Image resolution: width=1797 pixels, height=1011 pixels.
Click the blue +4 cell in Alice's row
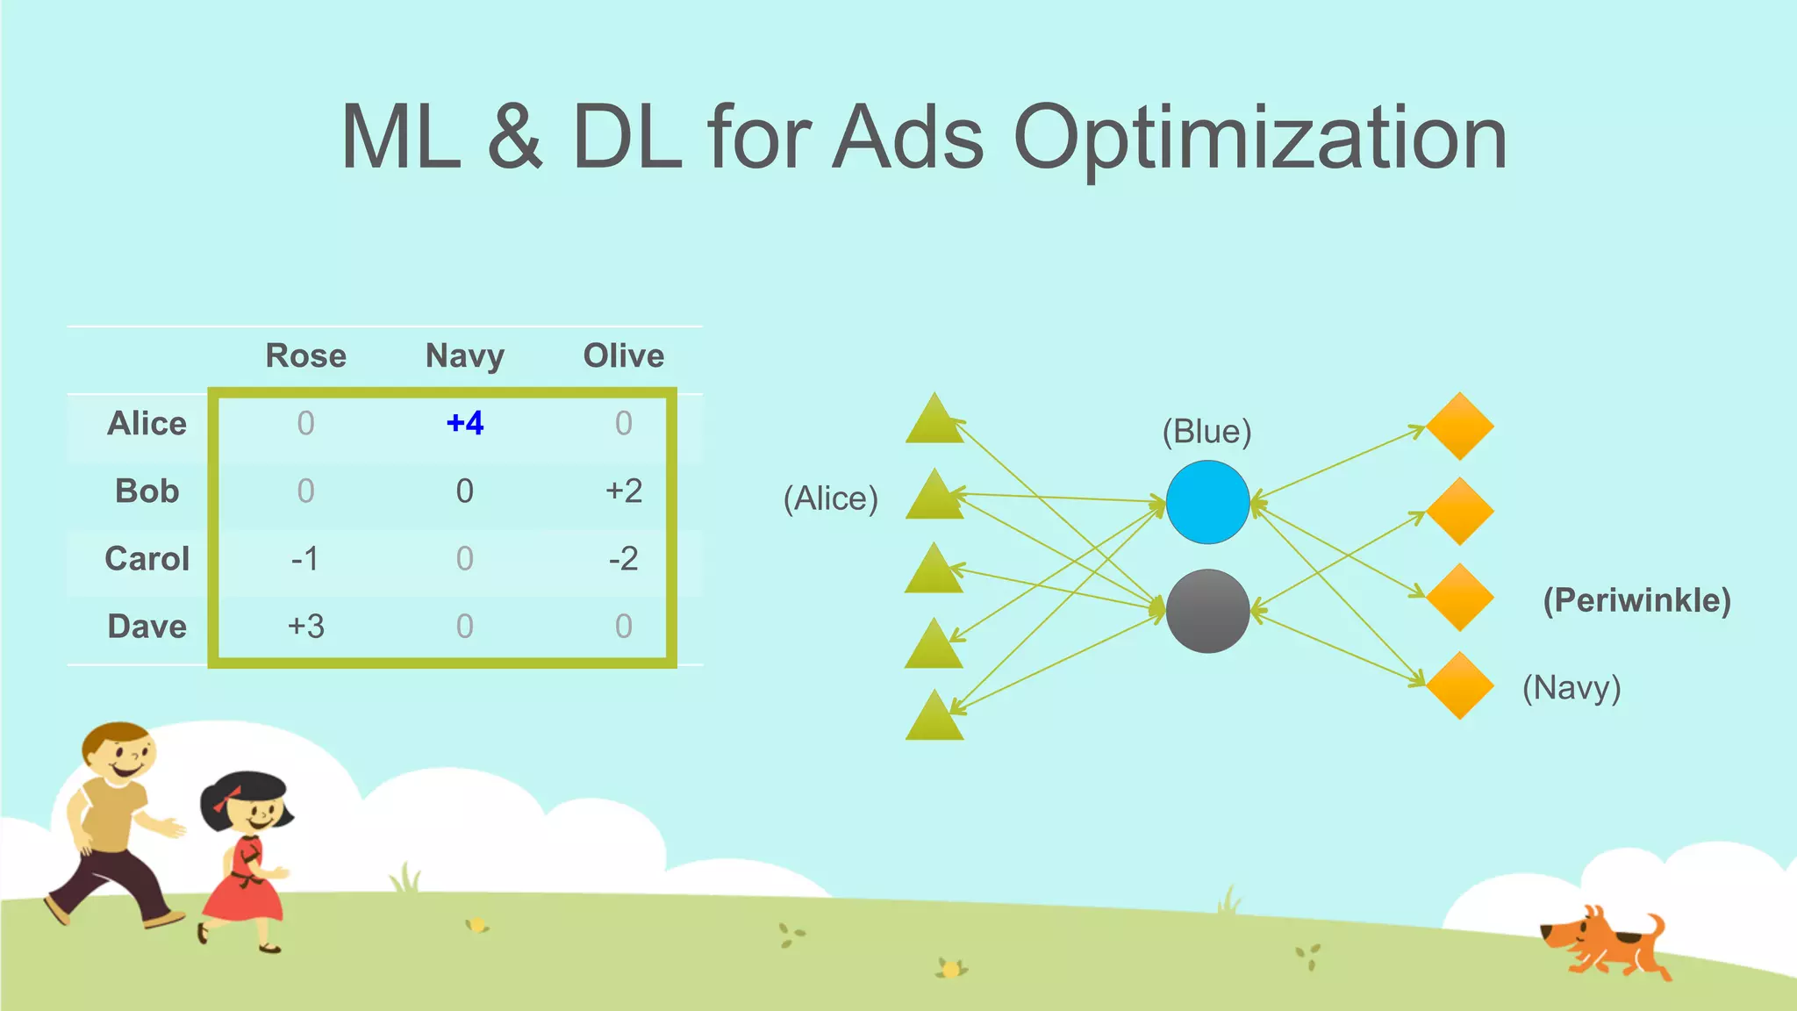(x=465, y=423)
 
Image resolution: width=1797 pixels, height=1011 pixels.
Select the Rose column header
(x=305, y=355)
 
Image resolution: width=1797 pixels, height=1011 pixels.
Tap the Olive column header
(x=624, y=355)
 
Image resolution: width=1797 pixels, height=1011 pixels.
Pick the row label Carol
(x=147, y=558)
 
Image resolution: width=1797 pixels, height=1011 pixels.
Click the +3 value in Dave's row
(x=305, y=626)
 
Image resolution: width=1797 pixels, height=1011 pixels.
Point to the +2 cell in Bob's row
(x=624, y=491)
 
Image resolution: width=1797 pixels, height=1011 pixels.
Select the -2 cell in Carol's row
(x=624, y=558)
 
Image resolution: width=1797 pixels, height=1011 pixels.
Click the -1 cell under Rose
(x=305, y=558)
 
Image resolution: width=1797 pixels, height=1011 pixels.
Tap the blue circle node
(x=1207, y=502)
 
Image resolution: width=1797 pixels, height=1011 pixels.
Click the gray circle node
(x=1207, y=611)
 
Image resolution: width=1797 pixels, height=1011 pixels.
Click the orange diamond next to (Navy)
(x=1460, y=685)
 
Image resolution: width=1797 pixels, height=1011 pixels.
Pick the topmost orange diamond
(x=1460, y=427)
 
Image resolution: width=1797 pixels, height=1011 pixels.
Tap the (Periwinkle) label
(x=1636, y=600)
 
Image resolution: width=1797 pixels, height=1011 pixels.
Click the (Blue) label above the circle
(x=1206, y=432)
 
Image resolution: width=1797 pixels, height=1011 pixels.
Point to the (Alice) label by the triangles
(x=830, y=498)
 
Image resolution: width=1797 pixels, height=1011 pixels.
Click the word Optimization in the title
(x=1260, y=138)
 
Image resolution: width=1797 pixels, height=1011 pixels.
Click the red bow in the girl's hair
(x=227, y=798)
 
